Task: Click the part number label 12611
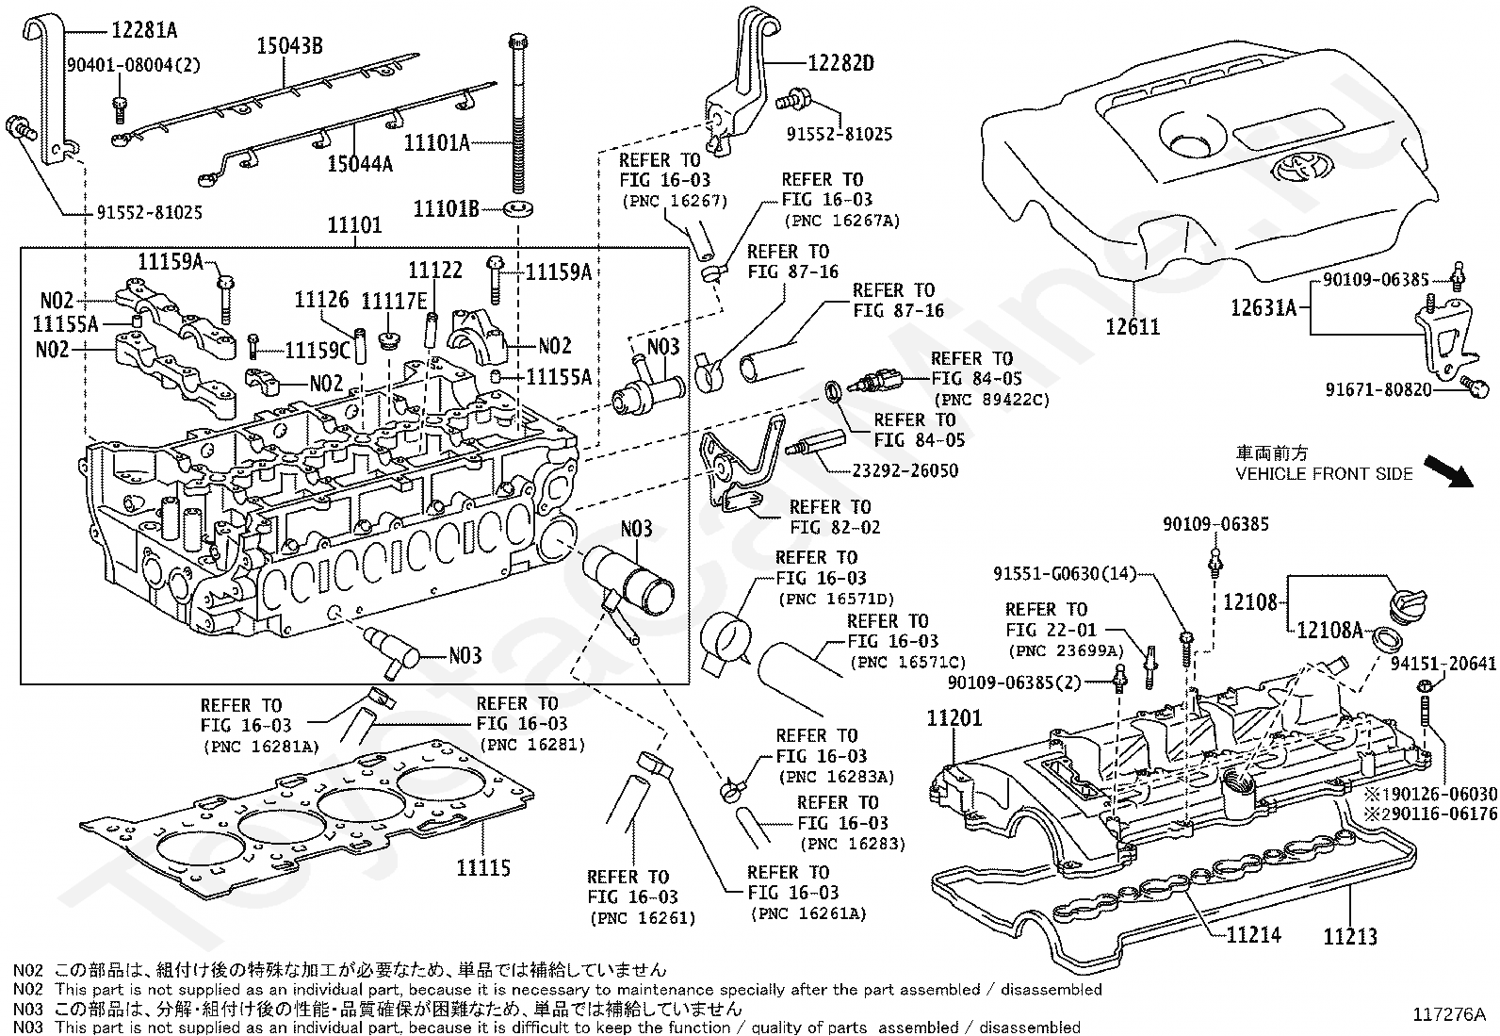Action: point(1133,327)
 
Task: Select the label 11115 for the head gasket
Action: point(483,867)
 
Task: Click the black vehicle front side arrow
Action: point(1447,470)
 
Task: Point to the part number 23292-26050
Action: point(905,469)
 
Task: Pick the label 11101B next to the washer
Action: point(447,207)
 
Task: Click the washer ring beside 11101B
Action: point(517,206)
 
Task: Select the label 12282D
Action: point(840,63)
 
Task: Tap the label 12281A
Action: point(144,30)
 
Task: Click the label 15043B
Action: point(291,45)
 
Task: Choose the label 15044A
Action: point(360,164)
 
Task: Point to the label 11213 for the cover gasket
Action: point(1350,936)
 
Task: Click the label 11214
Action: point(1254,934)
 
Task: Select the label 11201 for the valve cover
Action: point(954,717)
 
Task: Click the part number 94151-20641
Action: point(1443,665)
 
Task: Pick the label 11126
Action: point(322,299)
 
